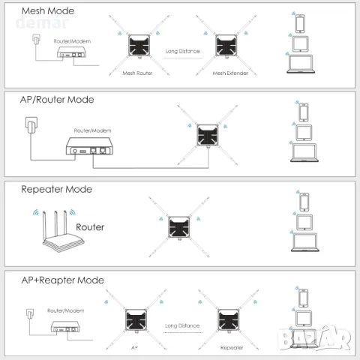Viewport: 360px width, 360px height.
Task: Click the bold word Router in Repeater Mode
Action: [x=89, y=226]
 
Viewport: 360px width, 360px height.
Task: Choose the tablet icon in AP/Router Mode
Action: [x=304, y=133]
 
